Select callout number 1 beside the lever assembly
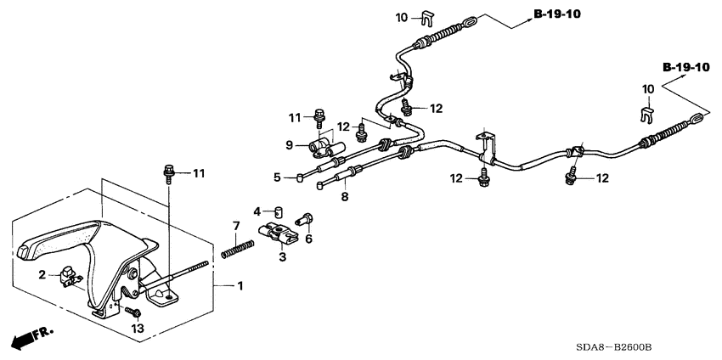(x=240, y=286)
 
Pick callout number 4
(x=257, y=210)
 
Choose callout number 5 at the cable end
(x=277, y=177)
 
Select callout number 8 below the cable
(x=345, y=197)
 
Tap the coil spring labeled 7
(x=237, y=249)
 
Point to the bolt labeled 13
(x=135, y=313)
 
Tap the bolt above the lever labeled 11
(x=168, y=175)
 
